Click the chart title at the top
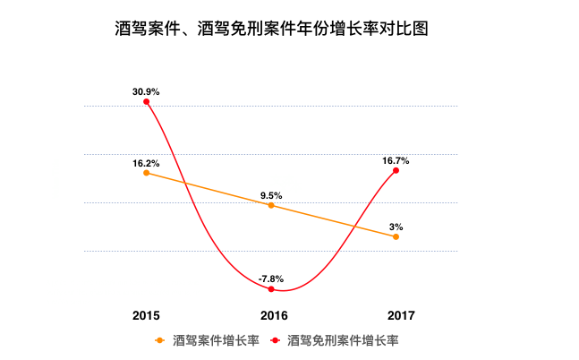[273, 29]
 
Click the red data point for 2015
[146, 102]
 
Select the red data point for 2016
[271, 289]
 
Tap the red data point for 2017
[396, 170]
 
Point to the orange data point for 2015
[146, 173]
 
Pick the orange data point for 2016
[271, 205]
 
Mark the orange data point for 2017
[396, 236]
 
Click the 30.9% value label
[146, 91]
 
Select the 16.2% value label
[146, 163]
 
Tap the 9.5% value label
[271, 195]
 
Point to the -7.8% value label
[271, 279]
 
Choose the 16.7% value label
[396, 160]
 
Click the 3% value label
[396, 227]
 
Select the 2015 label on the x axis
[146, 315]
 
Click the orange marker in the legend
[160, 340]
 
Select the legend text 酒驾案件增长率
[216, 340]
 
